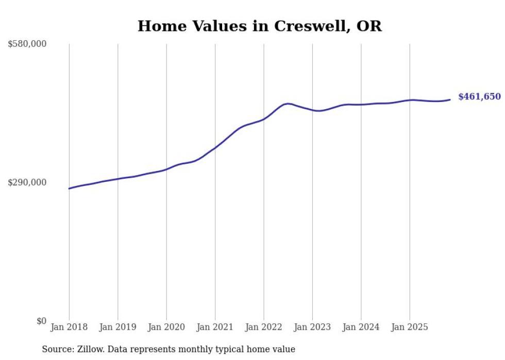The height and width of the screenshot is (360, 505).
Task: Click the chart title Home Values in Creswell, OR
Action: coord(260,26)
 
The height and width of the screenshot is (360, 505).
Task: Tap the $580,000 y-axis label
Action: coord(27,44)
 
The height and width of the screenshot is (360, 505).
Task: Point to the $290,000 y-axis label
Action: coord(27,182)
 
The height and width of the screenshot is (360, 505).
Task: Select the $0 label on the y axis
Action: coord(41,321)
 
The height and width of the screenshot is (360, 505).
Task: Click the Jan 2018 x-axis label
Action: coord(69,327)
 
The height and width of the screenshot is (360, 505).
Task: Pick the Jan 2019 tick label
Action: coord(117,327)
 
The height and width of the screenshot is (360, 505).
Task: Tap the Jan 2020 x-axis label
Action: coord(166,327)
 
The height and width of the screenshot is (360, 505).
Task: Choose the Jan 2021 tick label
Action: coord(215,327)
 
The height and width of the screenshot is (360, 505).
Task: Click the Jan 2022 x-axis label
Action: coord(264,327)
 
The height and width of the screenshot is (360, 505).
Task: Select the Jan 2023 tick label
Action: coord(312,327)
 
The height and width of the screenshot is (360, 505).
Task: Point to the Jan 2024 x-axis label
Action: coord(361,327)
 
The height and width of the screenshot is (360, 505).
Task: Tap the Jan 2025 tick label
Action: coord(410,327)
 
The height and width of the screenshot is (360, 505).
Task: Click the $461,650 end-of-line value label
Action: coord(479,97)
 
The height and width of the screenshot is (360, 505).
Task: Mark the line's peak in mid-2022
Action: coord(288,104)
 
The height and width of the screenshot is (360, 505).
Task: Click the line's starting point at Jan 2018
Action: coord(69,188)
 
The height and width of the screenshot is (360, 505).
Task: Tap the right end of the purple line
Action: coord(450,99)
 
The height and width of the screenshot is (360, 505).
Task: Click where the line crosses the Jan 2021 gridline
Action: coord(215,147)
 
